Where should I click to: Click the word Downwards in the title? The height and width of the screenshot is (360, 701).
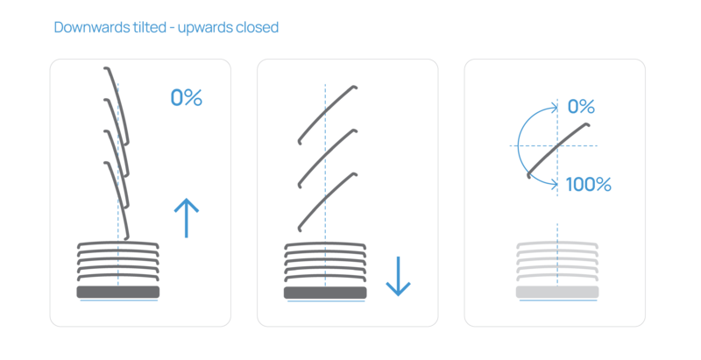(86, 28)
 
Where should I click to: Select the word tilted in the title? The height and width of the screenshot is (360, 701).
(145, 28)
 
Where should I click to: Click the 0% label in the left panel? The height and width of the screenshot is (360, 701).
(186, 98)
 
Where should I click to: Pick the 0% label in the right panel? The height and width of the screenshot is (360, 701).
(582, 107)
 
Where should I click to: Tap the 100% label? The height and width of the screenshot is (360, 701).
(589, 185)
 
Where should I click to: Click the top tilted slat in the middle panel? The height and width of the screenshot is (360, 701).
(326, 114)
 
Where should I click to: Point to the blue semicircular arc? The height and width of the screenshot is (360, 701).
(518, 145)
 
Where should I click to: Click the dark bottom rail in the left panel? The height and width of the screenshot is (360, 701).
(118, 291)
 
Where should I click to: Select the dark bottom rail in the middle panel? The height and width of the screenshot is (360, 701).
(325, 291)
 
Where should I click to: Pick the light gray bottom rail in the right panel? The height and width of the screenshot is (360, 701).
(557, 291)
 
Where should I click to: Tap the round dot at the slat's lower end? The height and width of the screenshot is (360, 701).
(528, 176)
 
